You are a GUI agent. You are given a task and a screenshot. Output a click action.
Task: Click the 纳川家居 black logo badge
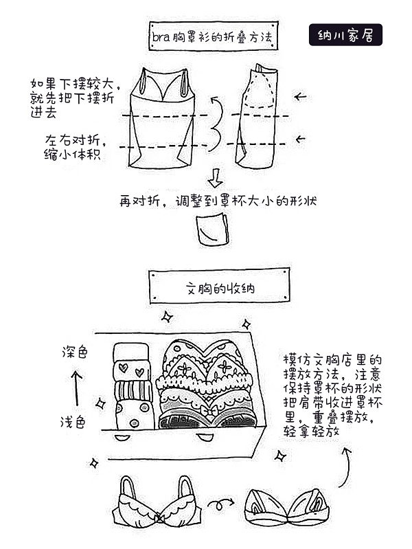(345, 34)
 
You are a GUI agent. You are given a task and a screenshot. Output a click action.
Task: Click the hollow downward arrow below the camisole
(215, 179)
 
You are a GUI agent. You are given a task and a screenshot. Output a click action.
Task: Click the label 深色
(75, 352)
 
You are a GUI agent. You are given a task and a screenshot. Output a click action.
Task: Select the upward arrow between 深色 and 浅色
(77, 387)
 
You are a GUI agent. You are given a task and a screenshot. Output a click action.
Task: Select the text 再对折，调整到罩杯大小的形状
(218, 201)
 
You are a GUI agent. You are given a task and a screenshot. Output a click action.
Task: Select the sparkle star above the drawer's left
(166, 317)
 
